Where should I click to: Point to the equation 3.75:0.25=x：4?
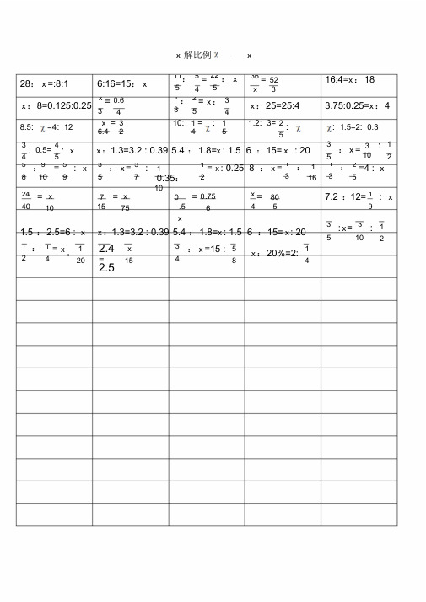(x=358, y=106)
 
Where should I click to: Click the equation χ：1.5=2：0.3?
(x=353, y=127)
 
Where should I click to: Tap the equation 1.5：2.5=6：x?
(x=52, y=232)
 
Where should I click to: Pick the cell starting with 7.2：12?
(x=359, y=197)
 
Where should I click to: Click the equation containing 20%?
(x=280, y=253)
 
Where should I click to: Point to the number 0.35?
(x=167, y=179)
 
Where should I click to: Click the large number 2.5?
(x=106, y=268)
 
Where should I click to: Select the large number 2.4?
(x=106, y=249)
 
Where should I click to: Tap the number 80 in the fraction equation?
(x=275, y=196)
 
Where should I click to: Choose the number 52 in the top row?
(x=274, y=80)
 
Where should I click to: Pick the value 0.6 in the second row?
(x=119, y=100)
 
